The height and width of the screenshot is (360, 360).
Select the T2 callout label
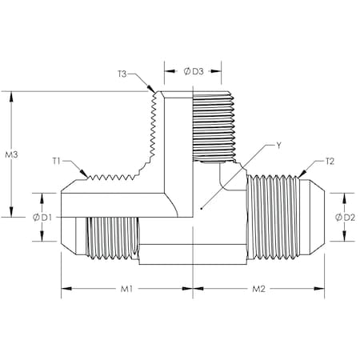point(329,161)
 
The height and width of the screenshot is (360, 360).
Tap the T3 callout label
point(122,74)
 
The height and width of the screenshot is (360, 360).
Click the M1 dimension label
point(126,288)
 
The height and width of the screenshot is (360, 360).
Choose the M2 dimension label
point(258,288)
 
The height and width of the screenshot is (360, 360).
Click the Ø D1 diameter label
point(42,217)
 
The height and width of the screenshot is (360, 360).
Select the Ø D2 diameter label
point(346,217)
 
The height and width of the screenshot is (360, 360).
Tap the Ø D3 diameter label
point(192,70)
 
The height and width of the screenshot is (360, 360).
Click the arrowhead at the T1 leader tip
point(86,176)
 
